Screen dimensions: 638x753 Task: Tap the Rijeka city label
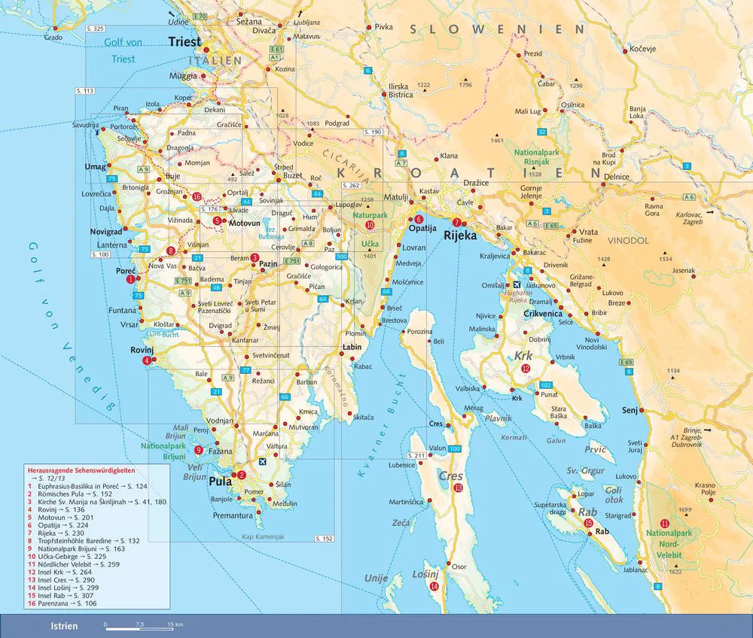click(462, 235)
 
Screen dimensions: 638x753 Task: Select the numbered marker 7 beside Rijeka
click(457, 222)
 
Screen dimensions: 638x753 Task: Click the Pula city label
click(220, 482)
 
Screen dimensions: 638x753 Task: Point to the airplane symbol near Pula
click(261, 461)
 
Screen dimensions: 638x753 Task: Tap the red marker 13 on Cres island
click(459, 488)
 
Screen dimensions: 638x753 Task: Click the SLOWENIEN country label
click(497, 29)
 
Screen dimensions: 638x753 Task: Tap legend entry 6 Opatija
click(53, 527)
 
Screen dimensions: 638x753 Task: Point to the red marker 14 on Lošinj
click(434, 586)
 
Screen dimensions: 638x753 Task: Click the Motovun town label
click(244, 223)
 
